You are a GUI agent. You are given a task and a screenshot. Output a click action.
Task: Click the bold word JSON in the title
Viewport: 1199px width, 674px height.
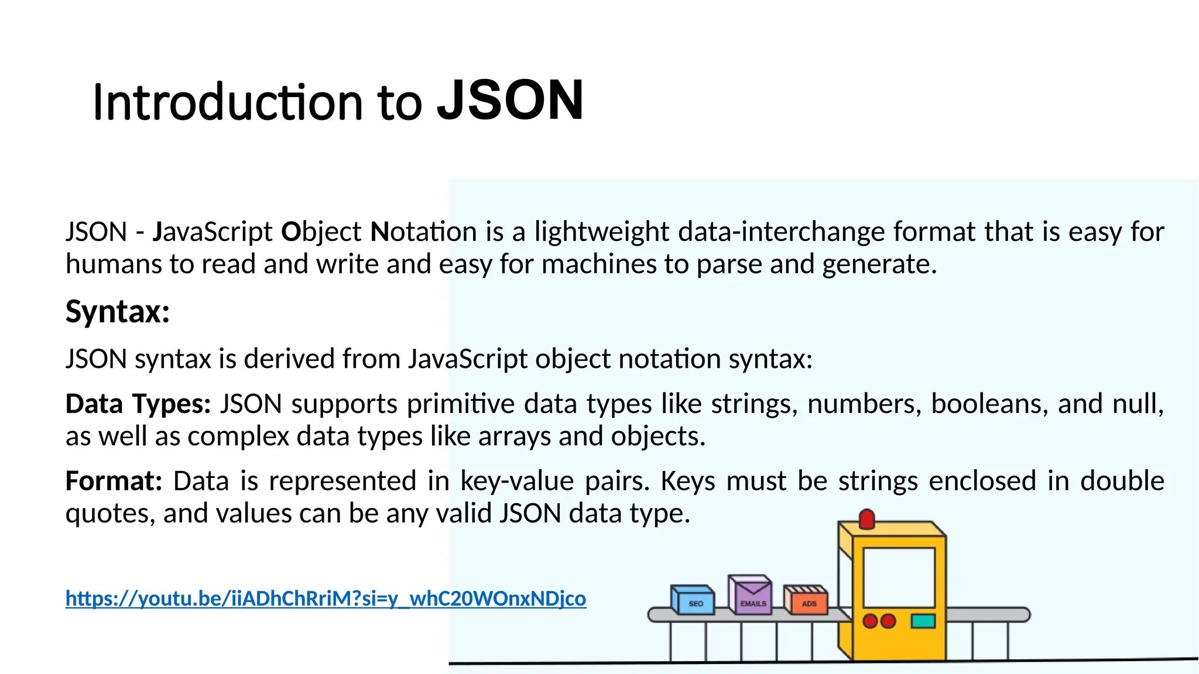click(x=511, y=101)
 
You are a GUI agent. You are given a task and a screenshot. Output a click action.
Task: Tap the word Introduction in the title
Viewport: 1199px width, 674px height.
click(x=228, y=103)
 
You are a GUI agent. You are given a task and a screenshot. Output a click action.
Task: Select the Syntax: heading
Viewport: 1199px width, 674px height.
click(x=118, y=311)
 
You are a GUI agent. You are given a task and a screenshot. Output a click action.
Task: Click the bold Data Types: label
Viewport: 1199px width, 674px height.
click(x=138, y=404)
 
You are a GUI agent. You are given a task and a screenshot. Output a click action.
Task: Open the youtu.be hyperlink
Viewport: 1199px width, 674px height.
click(x=326, y=598)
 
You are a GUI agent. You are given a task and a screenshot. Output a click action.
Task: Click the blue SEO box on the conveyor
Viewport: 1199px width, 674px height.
click(x=693, y=601)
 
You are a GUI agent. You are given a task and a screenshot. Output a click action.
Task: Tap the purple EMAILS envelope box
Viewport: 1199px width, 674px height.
click(x=751, y=596)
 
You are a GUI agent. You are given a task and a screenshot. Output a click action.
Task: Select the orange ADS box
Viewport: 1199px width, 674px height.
click(x=806, y=601)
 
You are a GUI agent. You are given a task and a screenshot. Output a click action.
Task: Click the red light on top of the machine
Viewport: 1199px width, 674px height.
click(x=866, y=518)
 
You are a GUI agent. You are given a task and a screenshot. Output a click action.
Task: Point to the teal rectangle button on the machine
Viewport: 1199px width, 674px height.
click(x=923, y=621)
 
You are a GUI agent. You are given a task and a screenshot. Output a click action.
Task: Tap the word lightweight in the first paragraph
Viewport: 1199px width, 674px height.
click(x=602, y=232)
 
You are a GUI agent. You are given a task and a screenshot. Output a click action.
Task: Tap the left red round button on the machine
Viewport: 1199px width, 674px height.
click(x=871, y=621)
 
